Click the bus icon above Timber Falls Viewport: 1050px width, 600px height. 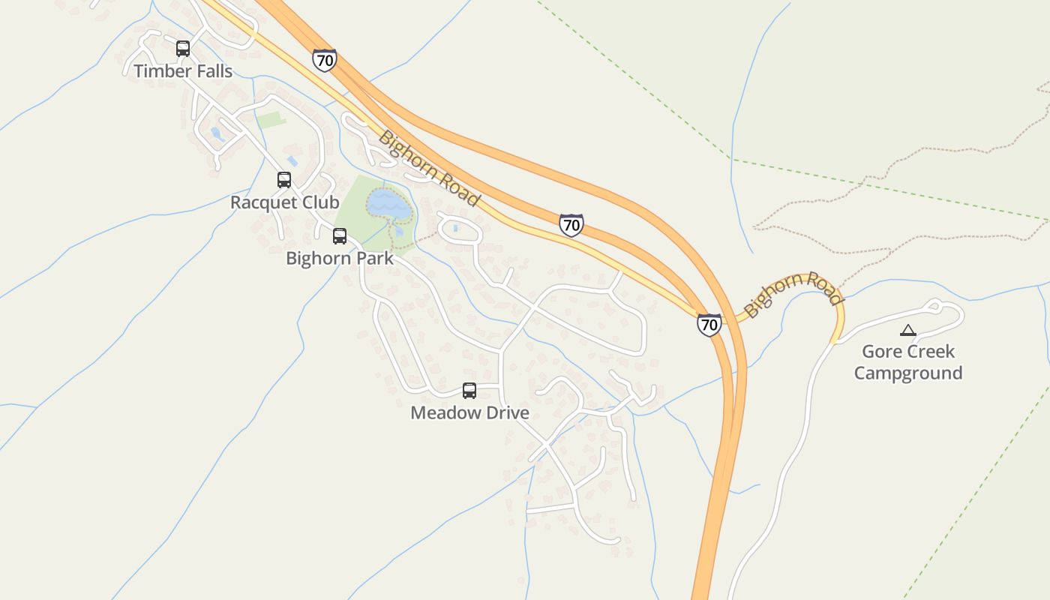click(183, 49)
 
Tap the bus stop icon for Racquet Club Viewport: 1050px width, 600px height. click(284, 180)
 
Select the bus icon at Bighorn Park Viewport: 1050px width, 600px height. click(340, 236)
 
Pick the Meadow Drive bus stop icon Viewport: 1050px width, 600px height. click(469, 391)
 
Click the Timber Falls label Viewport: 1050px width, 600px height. click(183, 71)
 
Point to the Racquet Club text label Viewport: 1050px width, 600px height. click(284, 202)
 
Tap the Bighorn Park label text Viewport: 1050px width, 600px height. click(340, 259)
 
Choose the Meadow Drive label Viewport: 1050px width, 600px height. click(469, 412)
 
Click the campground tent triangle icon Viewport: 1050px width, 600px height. click(908, 330)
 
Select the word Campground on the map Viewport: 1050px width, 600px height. click(908, 373)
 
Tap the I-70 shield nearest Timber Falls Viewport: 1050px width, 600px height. click(325, 60)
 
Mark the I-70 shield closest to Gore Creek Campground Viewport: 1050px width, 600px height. click(709, 324)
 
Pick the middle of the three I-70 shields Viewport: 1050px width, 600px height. click(571, 224)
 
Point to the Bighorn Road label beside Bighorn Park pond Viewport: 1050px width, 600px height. click(429, 169)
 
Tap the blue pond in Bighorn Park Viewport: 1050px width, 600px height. click(388, 205)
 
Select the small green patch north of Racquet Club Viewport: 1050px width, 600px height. click(271, 119)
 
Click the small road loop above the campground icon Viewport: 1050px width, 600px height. click(934, 305)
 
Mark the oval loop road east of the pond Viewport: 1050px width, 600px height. click(458, 230)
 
